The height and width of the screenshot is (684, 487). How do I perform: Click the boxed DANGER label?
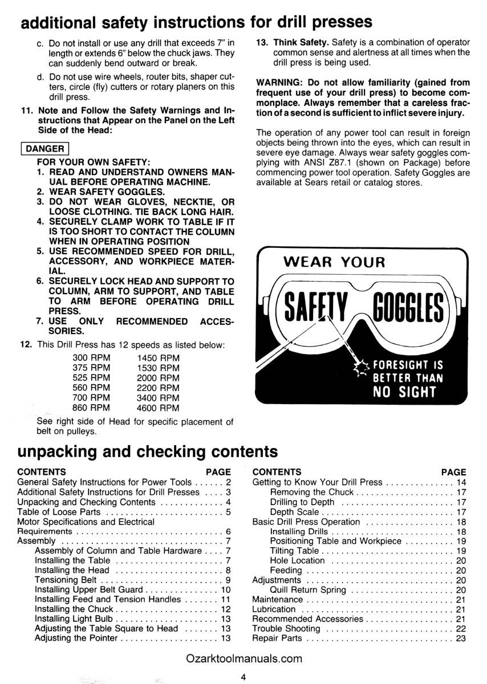pos(43,149)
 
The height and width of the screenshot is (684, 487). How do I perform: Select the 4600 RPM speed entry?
pos(158,408)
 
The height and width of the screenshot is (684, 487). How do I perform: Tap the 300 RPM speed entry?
pos(91,357)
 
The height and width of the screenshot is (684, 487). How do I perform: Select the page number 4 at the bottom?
pos(243,677)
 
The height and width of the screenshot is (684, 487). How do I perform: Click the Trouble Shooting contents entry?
pos(286,628)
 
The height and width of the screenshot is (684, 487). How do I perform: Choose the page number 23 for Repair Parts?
pos(461,638)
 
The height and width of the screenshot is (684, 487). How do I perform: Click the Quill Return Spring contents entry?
pos(308,590)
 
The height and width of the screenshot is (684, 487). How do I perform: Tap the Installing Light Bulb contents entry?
pos(75,619)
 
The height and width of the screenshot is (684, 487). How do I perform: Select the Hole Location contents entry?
pos(297,560)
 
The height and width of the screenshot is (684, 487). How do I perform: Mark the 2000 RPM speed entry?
pos(158,377)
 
